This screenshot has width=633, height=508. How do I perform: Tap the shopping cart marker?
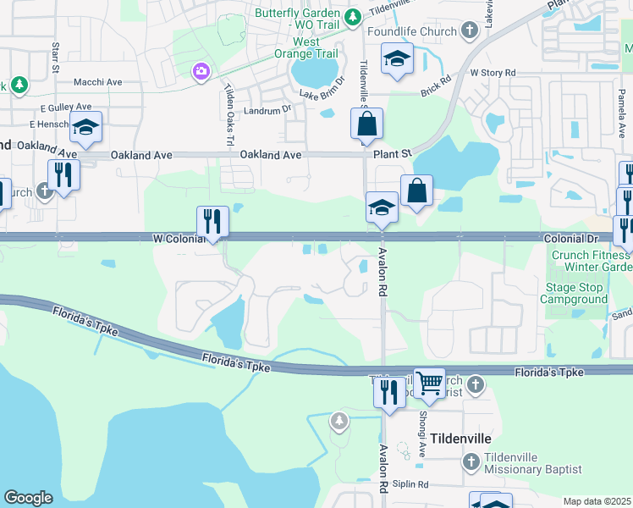(x=430, y=384)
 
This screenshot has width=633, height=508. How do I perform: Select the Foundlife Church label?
(x=413, y=32)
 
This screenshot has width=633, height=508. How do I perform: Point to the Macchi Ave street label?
(x=99, y=82)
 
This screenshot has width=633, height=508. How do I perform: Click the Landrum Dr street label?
(x=267, y=109)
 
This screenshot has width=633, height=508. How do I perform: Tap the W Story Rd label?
(x=493, y=74)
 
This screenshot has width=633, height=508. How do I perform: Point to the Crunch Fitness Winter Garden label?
(x=592, y=261)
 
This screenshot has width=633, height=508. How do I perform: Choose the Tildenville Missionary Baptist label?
(x=533, y=463)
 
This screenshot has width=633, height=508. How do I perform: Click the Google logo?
(x=28, y=498)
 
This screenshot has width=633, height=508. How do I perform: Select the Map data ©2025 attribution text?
(x=597, y=501)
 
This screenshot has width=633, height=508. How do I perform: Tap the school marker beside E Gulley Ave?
(x=85, y=128)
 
